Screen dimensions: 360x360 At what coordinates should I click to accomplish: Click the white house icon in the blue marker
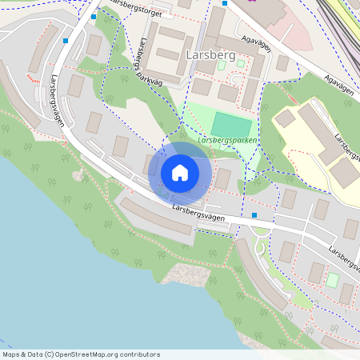180,173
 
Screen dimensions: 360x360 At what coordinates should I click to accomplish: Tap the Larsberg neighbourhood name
210,55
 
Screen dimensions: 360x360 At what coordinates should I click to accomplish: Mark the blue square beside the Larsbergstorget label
94,16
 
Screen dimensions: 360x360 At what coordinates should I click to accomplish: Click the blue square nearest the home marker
254,215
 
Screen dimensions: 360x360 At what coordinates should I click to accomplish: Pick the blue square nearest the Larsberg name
225,3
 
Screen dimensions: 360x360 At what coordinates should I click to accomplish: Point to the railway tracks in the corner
340,20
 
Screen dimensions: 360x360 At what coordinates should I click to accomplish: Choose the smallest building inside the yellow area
285,118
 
